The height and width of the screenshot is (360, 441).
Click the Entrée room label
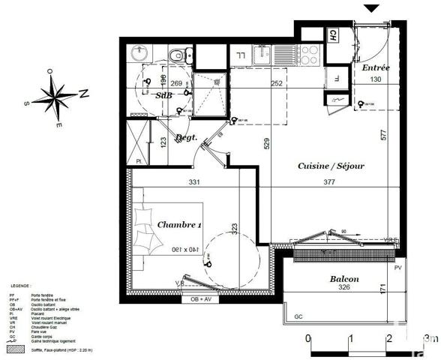(376, 68)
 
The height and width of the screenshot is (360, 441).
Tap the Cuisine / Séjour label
(331, 165)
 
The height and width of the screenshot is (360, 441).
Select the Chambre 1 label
(180, 224)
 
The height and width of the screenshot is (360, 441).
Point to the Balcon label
(343, 280)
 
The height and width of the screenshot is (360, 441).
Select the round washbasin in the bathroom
(139, 53)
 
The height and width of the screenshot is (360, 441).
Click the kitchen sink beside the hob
(284, 55)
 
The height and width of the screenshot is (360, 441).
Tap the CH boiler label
(331, 34)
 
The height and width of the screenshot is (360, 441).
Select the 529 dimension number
(266, 142)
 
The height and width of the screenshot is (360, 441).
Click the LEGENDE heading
(20, 286)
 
